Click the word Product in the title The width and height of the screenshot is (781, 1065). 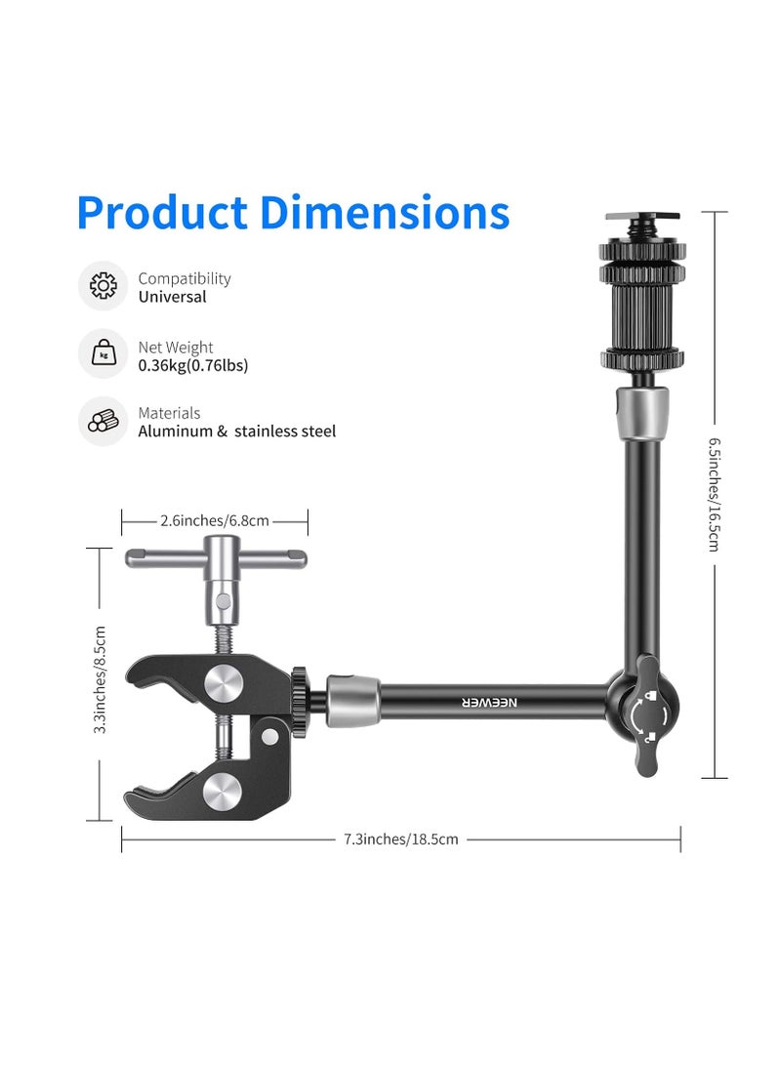[x=161, y=213]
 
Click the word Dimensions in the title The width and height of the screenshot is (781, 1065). [x=385, y=213]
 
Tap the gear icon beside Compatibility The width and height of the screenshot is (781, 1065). [x=103, y=286]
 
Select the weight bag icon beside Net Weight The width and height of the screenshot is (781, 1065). [x=103, y=353]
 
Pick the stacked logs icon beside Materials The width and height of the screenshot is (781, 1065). [x=103, y=421]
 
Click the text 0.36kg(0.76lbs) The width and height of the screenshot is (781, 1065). [x=193, y=366]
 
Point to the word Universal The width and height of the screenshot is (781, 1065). [x=172, y=297]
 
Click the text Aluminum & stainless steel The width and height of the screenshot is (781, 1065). [x=236, y=431]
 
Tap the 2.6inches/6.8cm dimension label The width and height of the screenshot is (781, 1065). [x=215, y=521]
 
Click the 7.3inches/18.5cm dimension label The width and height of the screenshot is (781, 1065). [x=400, y=839]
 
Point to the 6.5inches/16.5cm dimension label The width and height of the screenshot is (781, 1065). [x=715, y=493]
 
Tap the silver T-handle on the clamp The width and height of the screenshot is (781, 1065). [x=216, y=558]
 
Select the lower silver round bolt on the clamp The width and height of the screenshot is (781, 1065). [x=227, y=790]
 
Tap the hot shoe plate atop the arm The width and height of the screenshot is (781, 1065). [x=641, y=216]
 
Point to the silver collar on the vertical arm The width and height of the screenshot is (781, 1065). [x=641, y=403]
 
